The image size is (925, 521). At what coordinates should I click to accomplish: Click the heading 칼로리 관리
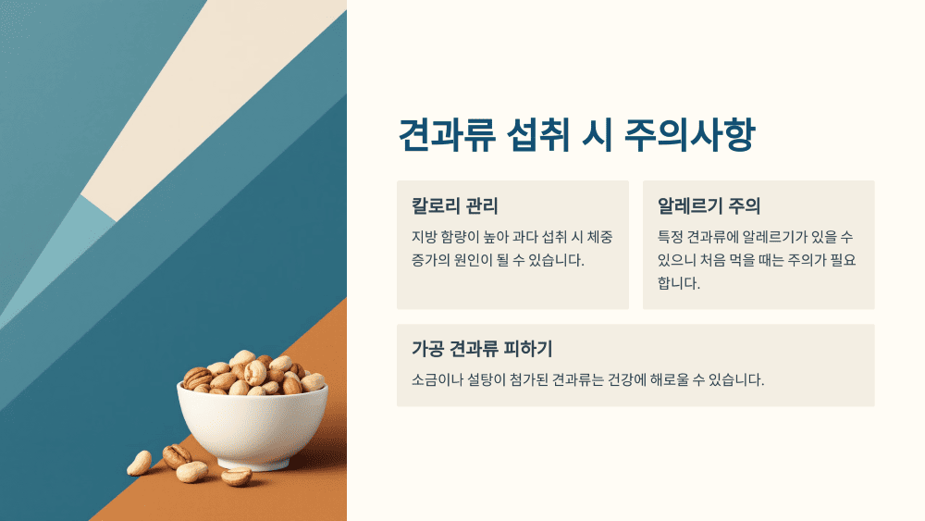455,205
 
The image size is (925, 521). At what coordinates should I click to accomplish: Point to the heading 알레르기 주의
709,205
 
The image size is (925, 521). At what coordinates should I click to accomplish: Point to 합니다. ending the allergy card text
679,283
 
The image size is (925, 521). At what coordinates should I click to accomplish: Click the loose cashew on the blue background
139,463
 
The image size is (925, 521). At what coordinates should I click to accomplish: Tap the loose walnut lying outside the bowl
177,455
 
